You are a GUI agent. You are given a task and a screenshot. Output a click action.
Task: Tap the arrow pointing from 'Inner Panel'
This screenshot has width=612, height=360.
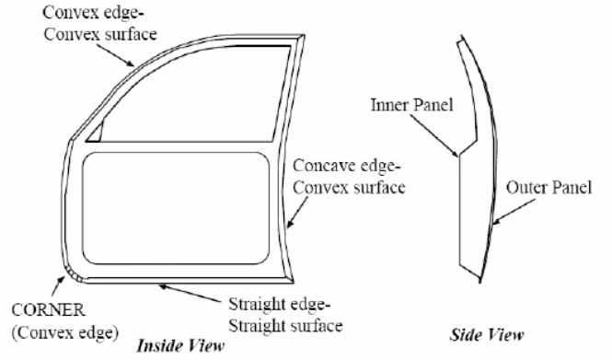click(445, 136)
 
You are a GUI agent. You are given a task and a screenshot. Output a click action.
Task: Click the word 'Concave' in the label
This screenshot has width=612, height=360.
click(318, 167)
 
